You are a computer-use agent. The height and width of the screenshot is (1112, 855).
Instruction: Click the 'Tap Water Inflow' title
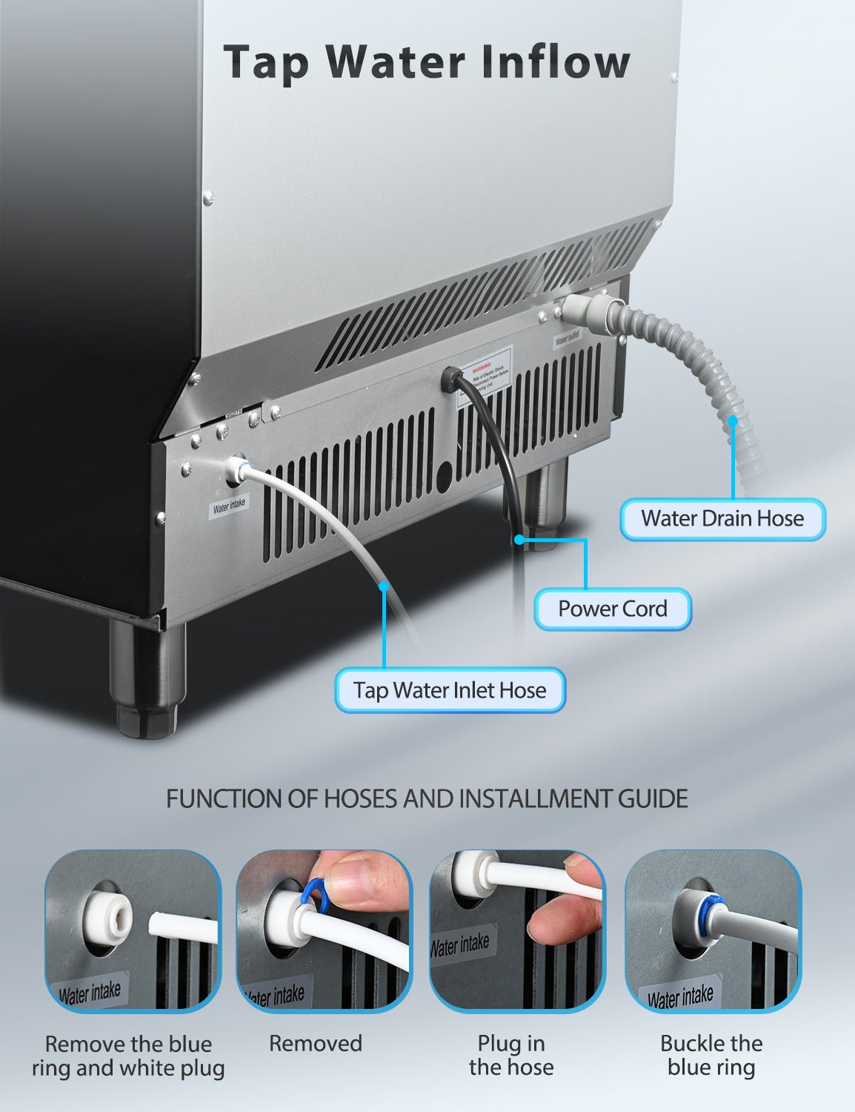(x=426, y=62)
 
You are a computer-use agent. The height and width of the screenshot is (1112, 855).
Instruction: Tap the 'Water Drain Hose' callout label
(x=722, y=518)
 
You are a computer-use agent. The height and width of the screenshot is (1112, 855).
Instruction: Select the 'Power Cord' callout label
(x=612, y=609)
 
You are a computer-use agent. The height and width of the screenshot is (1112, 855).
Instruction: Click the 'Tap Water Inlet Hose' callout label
(x=450, y=690)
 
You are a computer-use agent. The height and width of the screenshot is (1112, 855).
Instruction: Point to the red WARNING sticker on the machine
(x=485, y=374)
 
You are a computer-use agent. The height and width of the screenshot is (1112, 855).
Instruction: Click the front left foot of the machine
(x=147, y=678)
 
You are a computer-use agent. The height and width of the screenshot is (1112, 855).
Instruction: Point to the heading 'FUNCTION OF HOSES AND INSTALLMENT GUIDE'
(x=427, y=798)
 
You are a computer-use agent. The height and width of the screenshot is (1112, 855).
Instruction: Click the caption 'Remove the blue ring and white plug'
(x=128, y=1056)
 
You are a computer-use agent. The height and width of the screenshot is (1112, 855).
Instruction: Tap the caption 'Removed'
(x=316, y=1043)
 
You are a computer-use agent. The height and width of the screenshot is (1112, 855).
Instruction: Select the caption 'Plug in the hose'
(x=511, y=1055)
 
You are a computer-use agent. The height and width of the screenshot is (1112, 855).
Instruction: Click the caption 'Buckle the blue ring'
(x=711, y=1055)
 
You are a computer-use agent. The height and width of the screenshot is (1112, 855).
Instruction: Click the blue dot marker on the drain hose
(x=733, y=420)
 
